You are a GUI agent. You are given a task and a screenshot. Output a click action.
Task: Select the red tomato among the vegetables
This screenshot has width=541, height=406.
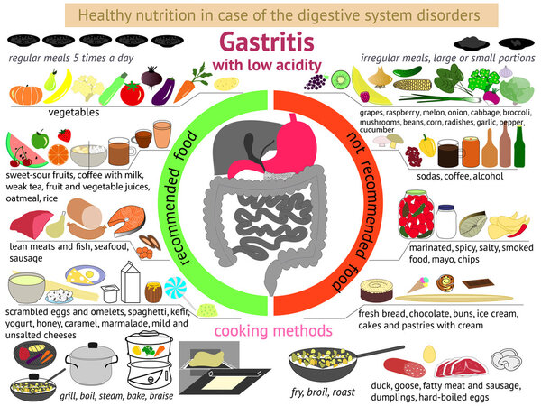click(133, 92)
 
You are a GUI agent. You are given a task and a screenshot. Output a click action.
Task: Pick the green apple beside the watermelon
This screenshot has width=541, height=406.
click(40, 139)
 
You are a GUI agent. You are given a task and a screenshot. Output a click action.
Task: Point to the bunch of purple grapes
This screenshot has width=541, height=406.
click(315, 82)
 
